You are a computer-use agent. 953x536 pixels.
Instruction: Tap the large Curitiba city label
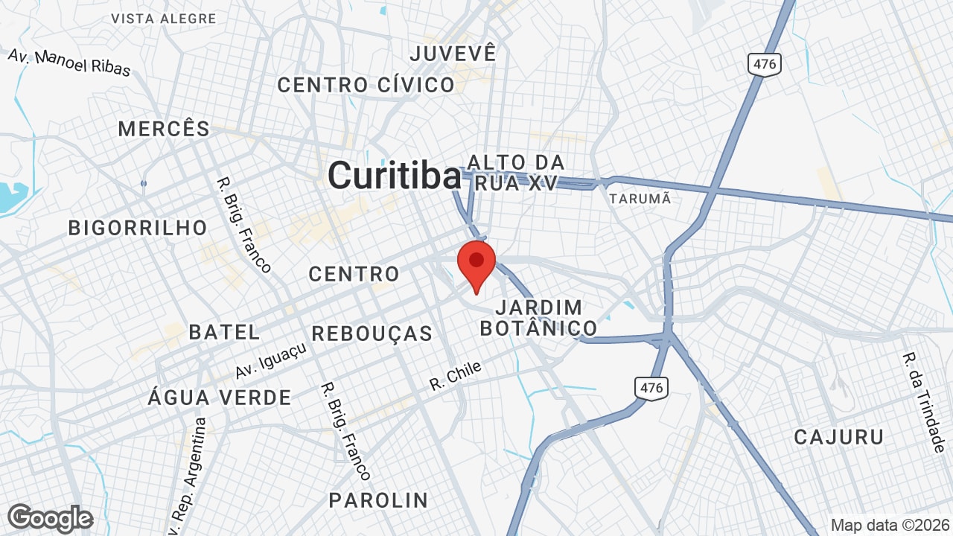click(x=395, y=176)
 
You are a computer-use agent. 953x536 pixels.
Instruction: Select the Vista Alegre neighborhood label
click(x=163, y=19)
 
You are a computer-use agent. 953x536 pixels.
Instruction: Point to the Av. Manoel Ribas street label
click(x=69, y=63)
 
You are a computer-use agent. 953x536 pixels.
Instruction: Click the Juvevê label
click(x=453, y=54)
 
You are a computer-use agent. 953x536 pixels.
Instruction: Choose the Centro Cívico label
click(x=366, y=85)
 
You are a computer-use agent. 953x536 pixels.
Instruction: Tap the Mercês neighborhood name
click(x=164, y=129)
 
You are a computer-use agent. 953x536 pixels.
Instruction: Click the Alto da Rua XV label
click(x=516, y=173)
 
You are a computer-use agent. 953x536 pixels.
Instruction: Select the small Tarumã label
click(x=640, y=199)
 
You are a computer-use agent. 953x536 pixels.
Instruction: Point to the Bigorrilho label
click(x=138, y=228)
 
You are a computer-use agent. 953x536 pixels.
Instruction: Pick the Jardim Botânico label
click(x=538, y=318)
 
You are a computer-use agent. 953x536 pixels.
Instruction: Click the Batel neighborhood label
click(x=224, y=332)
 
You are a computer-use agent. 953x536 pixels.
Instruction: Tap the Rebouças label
click(x=372, y=334)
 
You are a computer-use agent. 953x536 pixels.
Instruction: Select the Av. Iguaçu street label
click(x=270, y=360)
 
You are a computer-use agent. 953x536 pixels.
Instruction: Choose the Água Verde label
click(x=220, y=398)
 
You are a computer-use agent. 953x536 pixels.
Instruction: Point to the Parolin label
click(x=378, y=500)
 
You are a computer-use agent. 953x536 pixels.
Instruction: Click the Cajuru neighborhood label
click(x=838, y=437)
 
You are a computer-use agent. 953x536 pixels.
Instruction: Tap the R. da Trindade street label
click(x=922, y=402)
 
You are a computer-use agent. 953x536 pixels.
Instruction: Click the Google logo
click(x=50, y=518)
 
